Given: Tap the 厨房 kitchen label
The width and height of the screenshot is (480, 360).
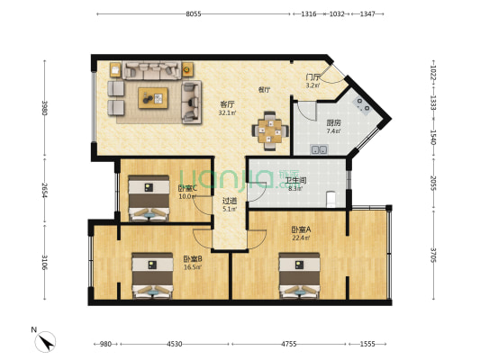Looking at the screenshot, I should (x=333, y=122).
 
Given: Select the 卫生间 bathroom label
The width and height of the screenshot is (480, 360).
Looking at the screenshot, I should (x=296, y=179).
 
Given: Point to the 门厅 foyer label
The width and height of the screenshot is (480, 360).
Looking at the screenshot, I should (x=312, y=78).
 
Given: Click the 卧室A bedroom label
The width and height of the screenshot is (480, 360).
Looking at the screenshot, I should (x=301, y=229).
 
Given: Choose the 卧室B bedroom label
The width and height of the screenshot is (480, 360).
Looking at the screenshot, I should (x=192, y=257).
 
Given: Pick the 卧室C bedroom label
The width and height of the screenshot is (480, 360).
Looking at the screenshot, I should (x=186, y=189).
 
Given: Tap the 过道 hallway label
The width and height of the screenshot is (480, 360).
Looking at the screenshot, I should (x=230, y=201).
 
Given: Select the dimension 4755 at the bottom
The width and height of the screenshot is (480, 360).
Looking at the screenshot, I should (x=290, y=344).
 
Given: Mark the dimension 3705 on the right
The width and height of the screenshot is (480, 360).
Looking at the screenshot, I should (x=433, y=255).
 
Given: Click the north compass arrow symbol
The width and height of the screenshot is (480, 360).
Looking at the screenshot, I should (x=45, y=341).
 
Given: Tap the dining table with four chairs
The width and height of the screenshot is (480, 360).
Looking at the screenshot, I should (x=270, y=130).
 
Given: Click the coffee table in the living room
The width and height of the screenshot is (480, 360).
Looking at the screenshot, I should (x=153, y=97).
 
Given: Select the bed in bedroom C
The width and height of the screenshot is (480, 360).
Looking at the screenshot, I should (x=147, y=199).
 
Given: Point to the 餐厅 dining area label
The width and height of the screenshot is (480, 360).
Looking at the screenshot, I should (x=265, y=90).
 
